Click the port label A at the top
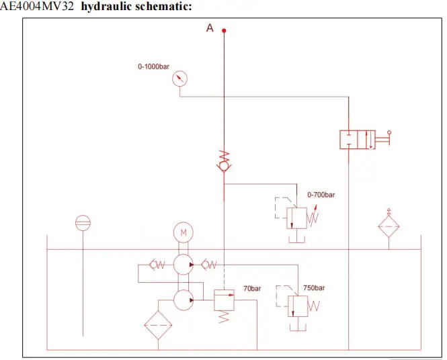(210, 28)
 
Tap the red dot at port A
(224, 30)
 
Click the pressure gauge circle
(179, 79)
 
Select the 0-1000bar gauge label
(153, 66)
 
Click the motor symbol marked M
(183, 232)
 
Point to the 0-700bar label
(321, 195)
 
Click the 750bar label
(314, 287)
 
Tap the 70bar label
(252, 288)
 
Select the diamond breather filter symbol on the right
(389, 228)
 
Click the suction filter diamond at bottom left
(159, 327)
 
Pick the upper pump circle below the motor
(183, 265)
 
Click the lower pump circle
(183, 300)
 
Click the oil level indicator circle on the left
(83, 223)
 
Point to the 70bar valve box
(223, 300)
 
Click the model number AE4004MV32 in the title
(38, 7)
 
